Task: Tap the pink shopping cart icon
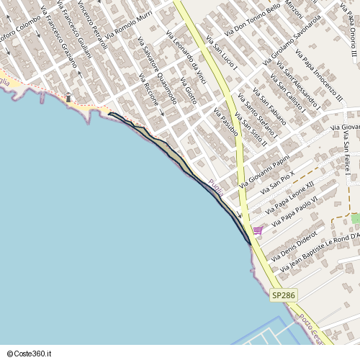coord(258,230)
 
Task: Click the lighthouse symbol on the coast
coord(68,97)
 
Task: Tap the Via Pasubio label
coord(225,122)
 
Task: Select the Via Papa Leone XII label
coord(290,198)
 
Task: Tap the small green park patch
coord(355,217)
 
